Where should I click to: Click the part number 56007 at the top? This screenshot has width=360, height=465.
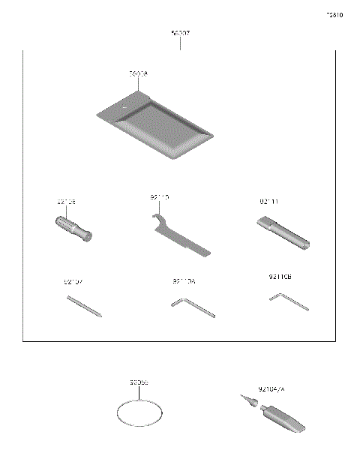click(x=180, y=34)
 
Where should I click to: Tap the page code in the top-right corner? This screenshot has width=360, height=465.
click(x=334, y=15)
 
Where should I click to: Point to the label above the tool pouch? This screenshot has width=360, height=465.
click(x=138, y=74)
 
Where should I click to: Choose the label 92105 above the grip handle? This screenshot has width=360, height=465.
click(x=66, y=202)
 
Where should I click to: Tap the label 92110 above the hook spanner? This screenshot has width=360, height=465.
click(x=159, y=197)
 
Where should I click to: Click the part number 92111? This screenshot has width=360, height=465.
click(x=269, y=202)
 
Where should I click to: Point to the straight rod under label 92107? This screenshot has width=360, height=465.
click(x=84, y=307)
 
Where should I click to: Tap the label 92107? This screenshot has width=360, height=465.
click(x=73, y=282)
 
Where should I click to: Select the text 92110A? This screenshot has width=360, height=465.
click(x=184, y=282)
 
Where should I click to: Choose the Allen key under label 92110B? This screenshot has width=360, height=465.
click(x=288, y=301)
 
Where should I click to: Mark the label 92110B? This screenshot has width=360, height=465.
click(x=280, y=276)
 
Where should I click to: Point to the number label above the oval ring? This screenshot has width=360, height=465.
click(x=139, y=382)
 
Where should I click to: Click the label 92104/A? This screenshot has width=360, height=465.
click(x=271, y=389)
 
